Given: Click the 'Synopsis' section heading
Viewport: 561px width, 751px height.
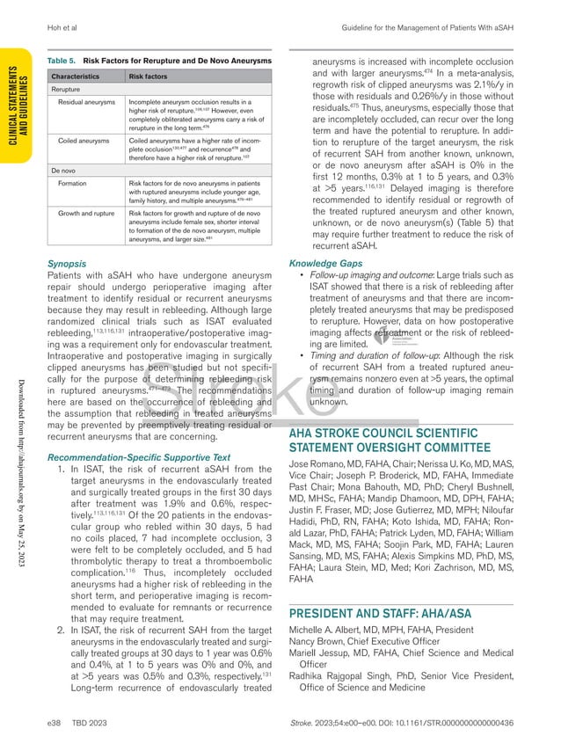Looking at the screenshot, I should (66, 262).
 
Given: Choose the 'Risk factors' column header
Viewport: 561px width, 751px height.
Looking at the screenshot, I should (149, 77).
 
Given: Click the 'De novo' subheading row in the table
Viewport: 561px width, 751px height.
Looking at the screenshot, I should (62, 169).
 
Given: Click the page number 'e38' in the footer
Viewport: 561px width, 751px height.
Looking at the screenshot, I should (55, 722).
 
